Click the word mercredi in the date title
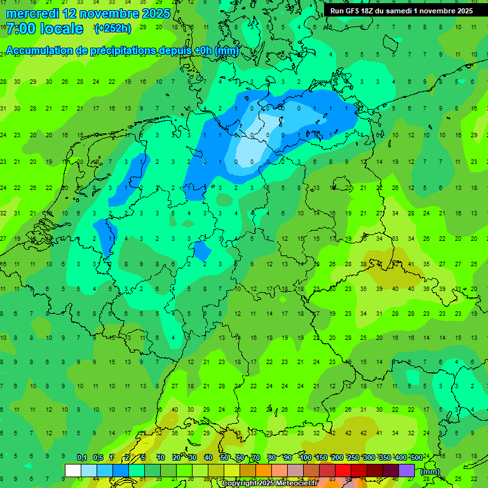[x=32, y=13]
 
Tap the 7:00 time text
[x=20, y=29]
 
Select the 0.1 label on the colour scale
[x=82, y=458]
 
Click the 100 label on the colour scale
[x=306, y=458]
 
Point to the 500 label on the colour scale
[x=416, y=458]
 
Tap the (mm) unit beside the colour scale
[x=430, y=471]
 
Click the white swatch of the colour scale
[x=73, y=470]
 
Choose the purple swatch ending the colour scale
[x=407, y=470]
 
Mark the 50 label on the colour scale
[x=224, y=458]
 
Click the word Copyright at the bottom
[x=240, y=484]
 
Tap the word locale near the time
[x=61, y=29]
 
